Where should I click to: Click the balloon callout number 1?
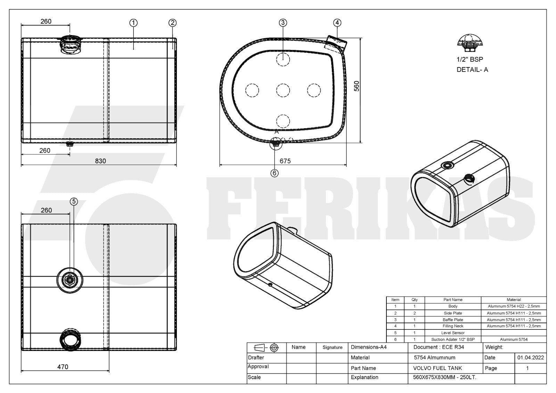(133, 23)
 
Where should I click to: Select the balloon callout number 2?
(172, 23)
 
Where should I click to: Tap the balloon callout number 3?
(283, 23)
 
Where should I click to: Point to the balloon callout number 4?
(337, 23)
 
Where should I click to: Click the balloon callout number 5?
(74, 201)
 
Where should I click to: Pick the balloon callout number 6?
(275, 173)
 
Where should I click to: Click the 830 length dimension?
(100, 161)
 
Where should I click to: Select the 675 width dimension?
(285, 161)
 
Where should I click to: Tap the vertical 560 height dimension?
(357, 86)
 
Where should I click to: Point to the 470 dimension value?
(63, 367)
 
